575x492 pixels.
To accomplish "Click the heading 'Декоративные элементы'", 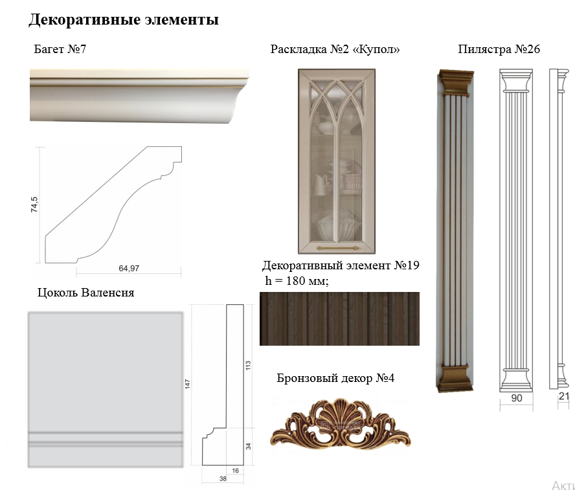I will (123, 20).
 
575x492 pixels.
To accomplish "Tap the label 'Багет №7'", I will (60, 49).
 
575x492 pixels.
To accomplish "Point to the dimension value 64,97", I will (129, 268).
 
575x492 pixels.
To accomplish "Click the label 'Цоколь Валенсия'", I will (86, 293).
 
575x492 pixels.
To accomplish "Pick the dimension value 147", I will (188, 385).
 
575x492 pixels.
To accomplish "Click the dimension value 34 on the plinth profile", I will (248, 445).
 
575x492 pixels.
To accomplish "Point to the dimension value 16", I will (235, 471).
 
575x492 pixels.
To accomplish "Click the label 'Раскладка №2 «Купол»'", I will (335, 49).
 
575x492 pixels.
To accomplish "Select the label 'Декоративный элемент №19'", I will (341, 266).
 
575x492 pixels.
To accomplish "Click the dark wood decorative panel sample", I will (339, 319).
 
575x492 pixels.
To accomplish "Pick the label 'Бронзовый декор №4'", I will (335, 379).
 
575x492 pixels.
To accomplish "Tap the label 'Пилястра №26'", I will (499, 49).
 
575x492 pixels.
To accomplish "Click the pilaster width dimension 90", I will (517, 399).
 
